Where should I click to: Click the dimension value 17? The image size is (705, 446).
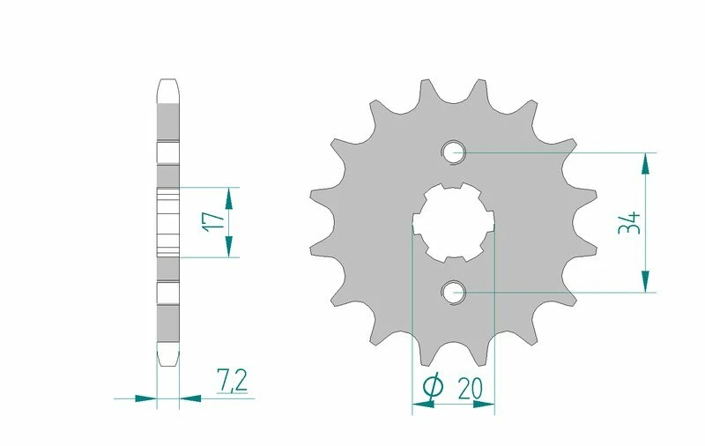[x=209, y=221]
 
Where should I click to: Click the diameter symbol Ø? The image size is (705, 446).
[x=433, y=386]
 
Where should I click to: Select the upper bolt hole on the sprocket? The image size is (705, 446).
[x=455, y=152]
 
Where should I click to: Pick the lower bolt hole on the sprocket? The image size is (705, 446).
[x=455, y=291]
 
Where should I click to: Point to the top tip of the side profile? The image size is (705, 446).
[x=168, y=85]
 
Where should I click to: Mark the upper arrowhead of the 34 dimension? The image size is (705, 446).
[x=648, y=163]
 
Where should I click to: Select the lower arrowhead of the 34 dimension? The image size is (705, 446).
[x=648, y=279]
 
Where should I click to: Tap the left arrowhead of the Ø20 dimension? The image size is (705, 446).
[x=423, y=405]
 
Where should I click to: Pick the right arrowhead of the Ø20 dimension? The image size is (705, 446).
[x=484, y=405]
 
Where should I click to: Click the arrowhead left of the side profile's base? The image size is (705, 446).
[x=145, y=398]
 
